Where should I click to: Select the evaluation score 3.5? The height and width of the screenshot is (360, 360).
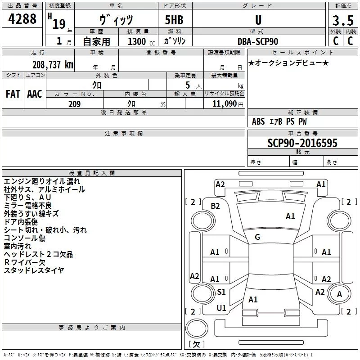(x=342, y=21)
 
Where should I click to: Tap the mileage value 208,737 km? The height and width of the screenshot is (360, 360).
(x=53, y=64)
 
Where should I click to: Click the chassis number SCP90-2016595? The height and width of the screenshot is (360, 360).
(x=302, y=143)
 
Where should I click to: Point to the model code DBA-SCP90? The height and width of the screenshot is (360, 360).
(x=258, y=41)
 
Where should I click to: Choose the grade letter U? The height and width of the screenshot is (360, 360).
(x=258, y=20)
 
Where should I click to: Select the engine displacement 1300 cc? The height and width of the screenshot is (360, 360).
(x=139, y=41)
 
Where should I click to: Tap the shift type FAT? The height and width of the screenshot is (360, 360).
(x=13, y=94)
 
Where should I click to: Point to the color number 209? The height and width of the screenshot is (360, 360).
(x=75, y=104)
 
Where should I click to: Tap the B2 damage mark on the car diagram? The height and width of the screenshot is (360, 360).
(x=215, y=206)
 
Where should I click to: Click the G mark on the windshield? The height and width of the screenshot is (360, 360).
(x=257, y=237)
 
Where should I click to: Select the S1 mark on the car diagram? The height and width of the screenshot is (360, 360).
(x=221, y=292)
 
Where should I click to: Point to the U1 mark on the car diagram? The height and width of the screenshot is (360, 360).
(x=221, y=308)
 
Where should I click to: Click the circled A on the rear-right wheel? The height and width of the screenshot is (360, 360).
(x=339, y=295)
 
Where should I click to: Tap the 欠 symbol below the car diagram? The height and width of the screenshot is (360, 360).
(x=196, y=344)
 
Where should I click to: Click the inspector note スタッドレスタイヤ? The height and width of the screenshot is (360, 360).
(x=34, y=270)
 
